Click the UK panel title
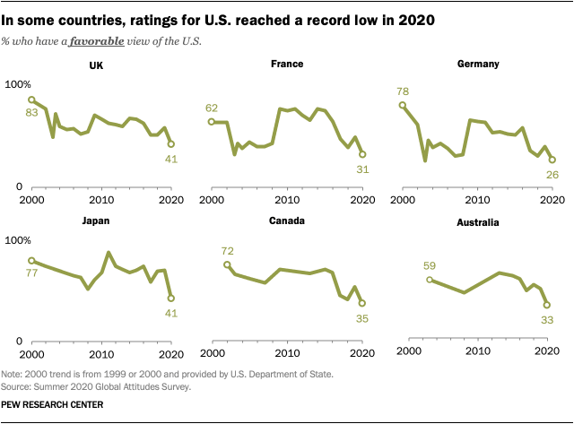pyautogui.click(x=96, y=65)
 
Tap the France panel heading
pyautogui.click(x=287, y=65)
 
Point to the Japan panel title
pyautogui.click(x=95, y=220)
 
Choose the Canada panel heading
pyautogui.click(x=287, y=220)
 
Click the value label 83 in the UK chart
pyautogui.click(x=31, y=113)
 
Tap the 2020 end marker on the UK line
pyautogui.click(x=171, y=143)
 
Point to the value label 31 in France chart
pyautogui.click(x=362, y=169)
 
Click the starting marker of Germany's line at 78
pyautogui.click(x=403, y=105)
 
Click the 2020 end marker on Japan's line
pyautogui.click(x=171, y=299)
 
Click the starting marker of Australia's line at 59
pyautogui.click(x=430, y=280)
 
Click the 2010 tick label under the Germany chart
pyautogui.click(x=478, y=199)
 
